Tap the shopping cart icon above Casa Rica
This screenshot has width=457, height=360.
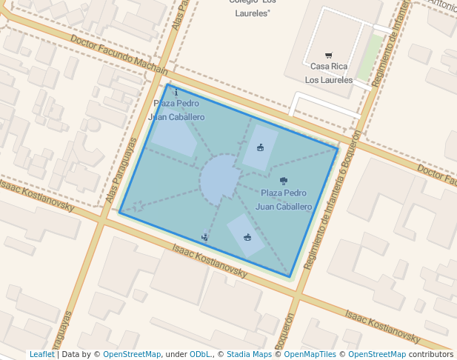coord(329,56)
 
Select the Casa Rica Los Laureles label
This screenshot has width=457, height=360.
coord(329,73)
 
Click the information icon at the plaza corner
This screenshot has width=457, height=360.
coord(166,93)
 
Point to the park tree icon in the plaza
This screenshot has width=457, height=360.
coord(284,180)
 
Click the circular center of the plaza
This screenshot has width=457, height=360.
coord(220,179)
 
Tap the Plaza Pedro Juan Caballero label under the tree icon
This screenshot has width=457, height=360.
coord(284,200)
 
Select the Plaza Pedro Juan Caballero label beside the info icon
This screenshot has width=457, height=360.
coord(176,110)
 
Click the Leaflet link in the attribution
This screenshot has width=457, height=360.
coord(41,354)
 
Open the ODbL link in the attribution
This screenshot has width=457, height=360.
coord(200,354)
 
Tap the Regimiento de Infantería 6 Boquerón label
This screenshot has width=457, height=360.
coord(333,201)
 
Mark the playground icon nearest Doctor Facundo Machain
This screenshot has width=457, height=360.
coord(260,147)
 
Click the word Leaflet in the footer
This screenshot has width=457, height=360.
coord(41,354)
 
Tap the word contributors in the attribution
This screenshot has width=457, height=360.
coord(430,354)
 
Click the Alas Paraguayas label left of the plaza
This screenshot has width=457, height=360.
coord(121,170)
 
